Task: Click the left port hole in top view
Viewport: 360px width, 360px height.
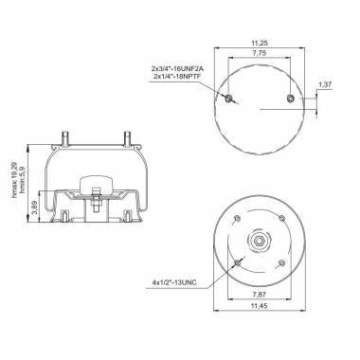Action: coord(228,98)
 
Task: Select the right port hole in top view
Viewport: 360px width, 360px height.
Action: coord(289,98)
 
